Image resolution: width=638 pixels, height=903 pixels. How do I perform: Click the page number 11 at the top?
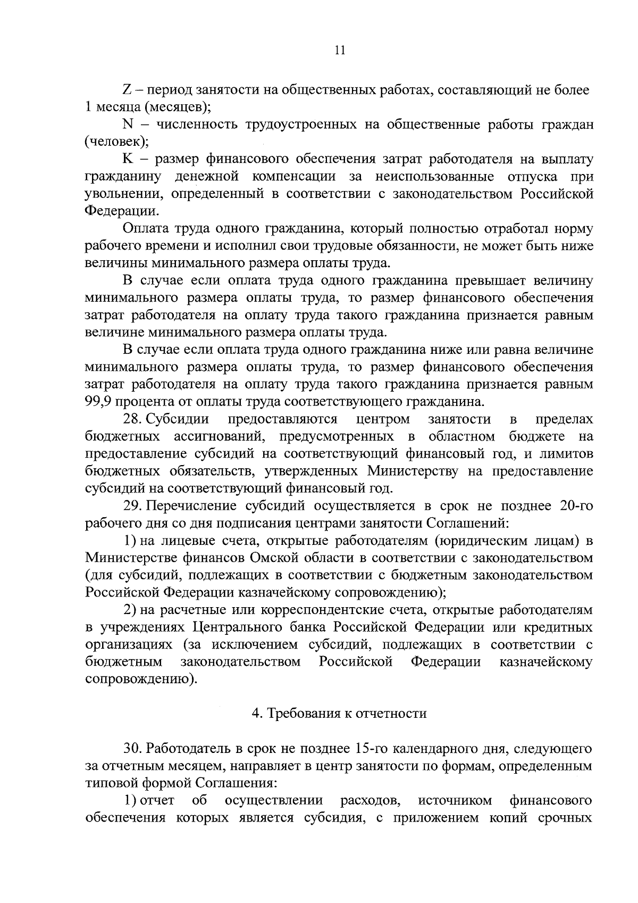340,51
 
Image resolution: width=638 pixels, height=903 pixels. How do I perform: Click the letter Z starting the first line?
127,90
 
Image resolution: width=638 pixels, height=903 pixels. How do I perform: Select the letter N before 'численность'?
127,125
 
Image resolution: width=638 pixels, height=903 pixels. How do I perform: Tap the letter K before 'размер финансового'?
127,159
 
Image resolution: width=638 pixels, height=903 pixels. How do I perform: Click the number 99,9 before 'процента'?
98,401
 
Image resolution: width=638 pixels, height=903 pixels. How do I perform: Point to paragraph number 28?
133,419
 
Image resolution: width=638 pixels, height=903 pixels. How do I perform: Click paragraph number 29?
133,506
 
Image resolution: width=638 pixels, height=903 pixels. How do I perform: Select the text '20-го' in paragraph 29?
576,506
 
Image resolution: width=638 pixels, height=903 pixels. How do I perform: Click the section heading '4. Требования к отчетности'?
340,714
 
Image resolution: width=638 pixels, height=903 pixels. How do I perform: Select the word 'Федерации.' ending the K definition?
122,211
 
